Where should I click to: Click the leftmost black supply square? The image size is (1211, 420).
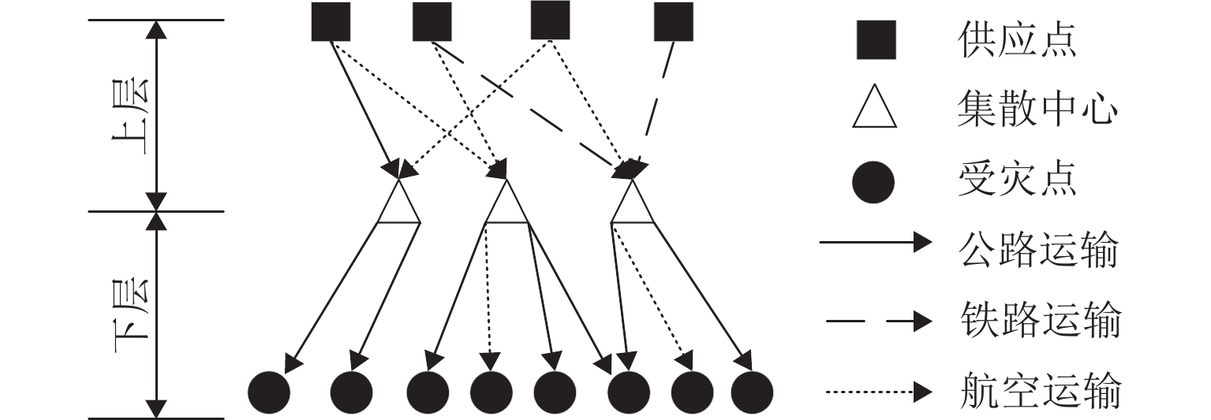click(331, 21)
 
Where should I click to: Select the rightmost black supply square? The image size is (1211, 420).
click(673, 21)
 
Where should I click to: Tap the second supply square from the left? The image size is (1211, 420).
click(432, 21)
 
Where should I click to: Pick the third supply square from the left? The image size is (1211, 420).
click(551, 20)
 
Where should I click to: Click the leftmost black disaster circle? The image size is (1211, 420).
click(269, 391)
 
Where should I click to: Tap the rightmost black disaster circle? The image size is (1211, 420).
click(752, 391)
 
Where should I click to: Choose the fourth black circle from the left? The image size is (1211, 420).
click(491, 391)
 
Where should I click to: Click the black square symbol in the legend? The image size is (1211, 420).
click(876, 40)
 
